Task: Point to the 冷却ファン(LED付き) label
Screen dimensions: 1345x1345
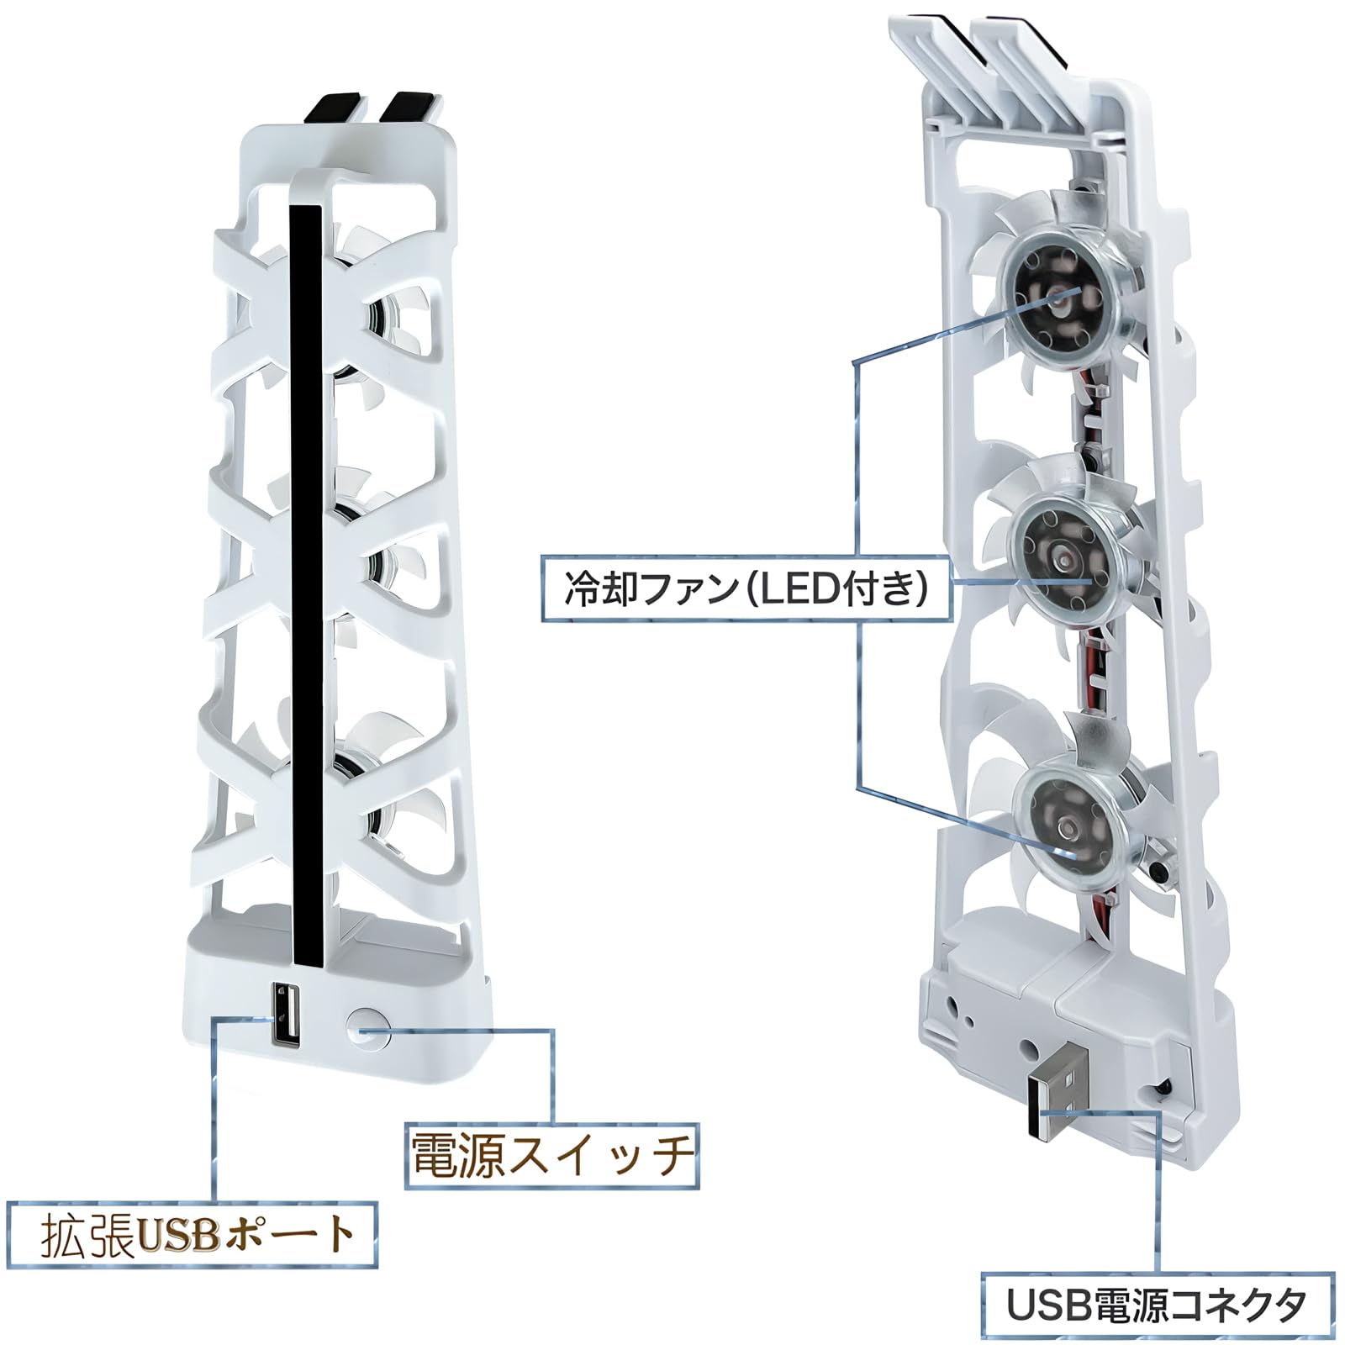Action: point(746,588)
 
